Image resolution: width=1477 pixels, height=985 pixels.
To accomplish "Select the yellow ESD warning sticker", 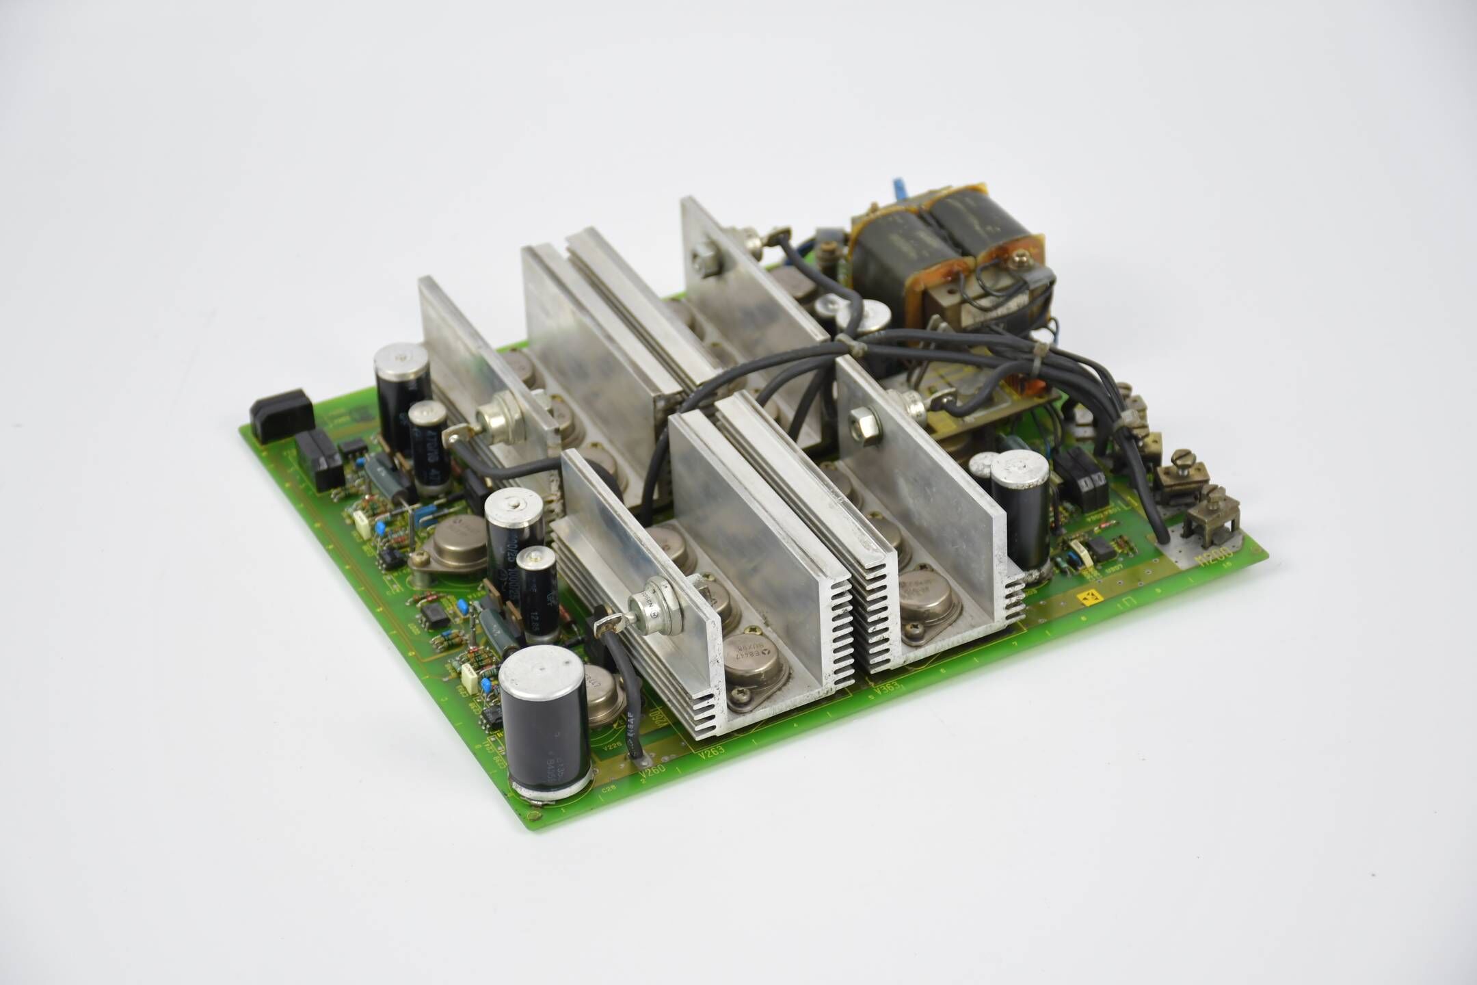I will pos(1087,599).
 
